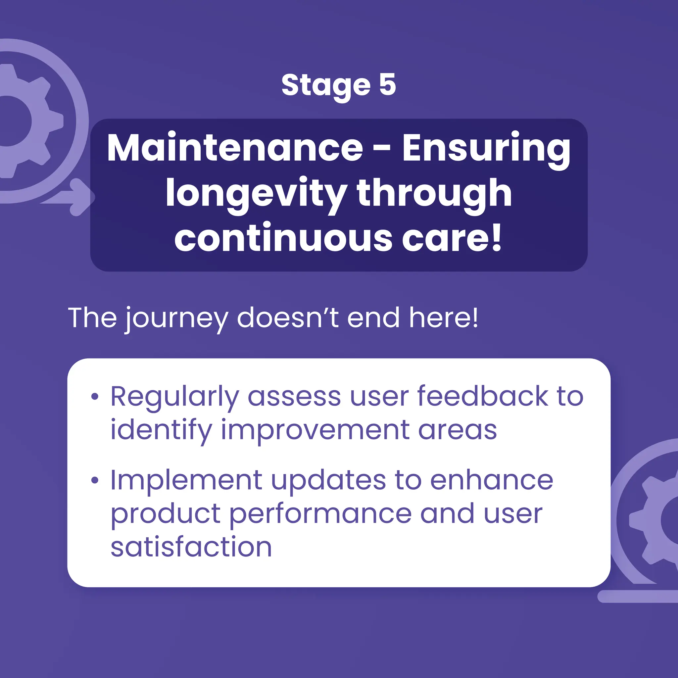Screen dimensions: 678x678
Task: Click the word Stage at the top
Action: coord(326,86)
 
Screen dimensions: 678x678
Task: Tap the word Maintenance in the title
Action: coord(235,148)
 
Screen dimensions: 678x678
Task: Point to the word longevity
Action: coord(256,194)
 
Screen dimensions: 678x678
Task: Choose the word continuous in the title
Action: coord(283,238)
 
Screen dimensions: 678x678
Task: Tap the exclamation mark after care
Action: coord(497,237)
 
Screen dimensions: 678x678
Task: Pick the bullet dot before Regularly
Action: coord(94,397)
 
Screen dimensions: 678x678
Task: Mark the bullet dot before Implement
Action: coord(94,480)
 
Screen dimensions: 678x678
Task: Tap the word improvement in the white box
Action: coord(315,430)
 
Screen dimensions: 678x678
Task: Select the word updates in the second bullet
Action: coord(328,480)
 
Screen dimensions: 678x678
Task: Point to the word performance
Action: coord(320,514)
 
